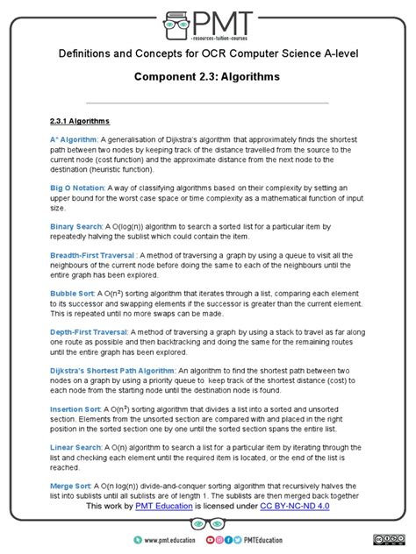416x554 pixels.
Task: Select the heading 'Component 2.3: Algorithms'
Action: (208, 77)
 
